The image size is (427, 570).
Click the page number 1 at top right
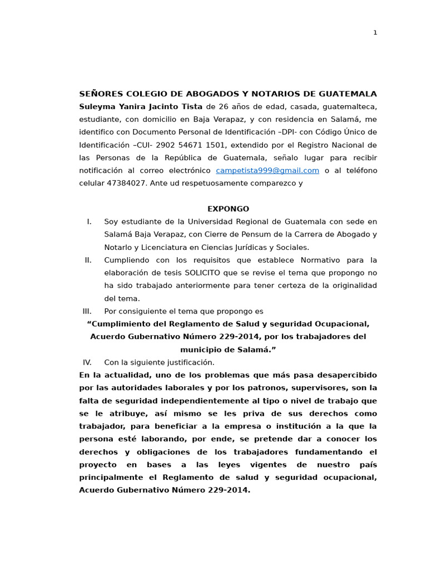pyautogui.click(x=375, y=33)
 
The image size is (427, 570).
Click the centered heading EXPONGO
pyautogui.click(x=228, y=209)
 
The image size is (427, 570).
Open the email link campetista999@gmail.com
pyautogui.click(x=267, y=171)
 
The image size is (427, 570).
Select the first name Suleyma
pyautogui.click(x=97, y=107)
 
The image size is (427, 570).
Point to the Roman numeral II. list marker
pyautogui.click(x=88, y=261)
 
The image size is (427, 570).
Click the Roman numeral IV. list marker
pyautogui.click(x=87, y=362)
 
